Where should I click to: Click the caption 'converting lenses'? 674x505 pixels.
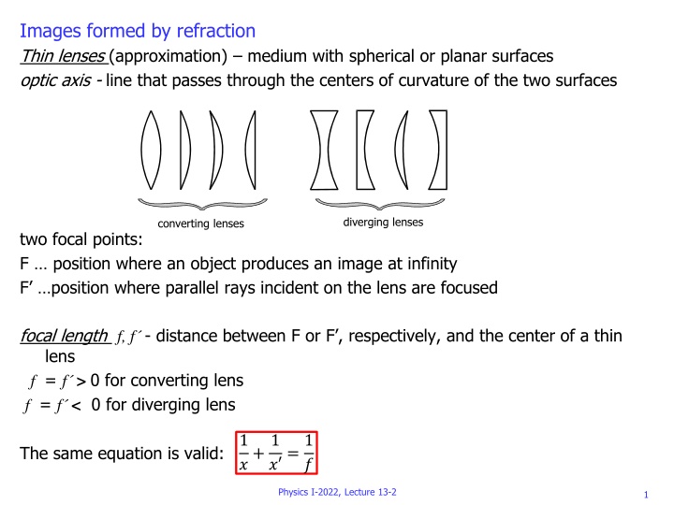pos(201,224)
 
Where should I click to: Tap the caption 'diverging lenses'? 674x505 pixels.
pos(383,223)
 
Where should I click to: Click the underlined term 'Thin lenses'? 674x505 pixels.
pos(61,56)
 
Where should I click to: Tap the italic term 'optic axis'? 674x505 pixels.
pos(57,80)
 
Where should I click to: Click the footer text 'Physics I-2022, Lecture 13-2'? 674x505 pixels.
pos(337,492)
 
